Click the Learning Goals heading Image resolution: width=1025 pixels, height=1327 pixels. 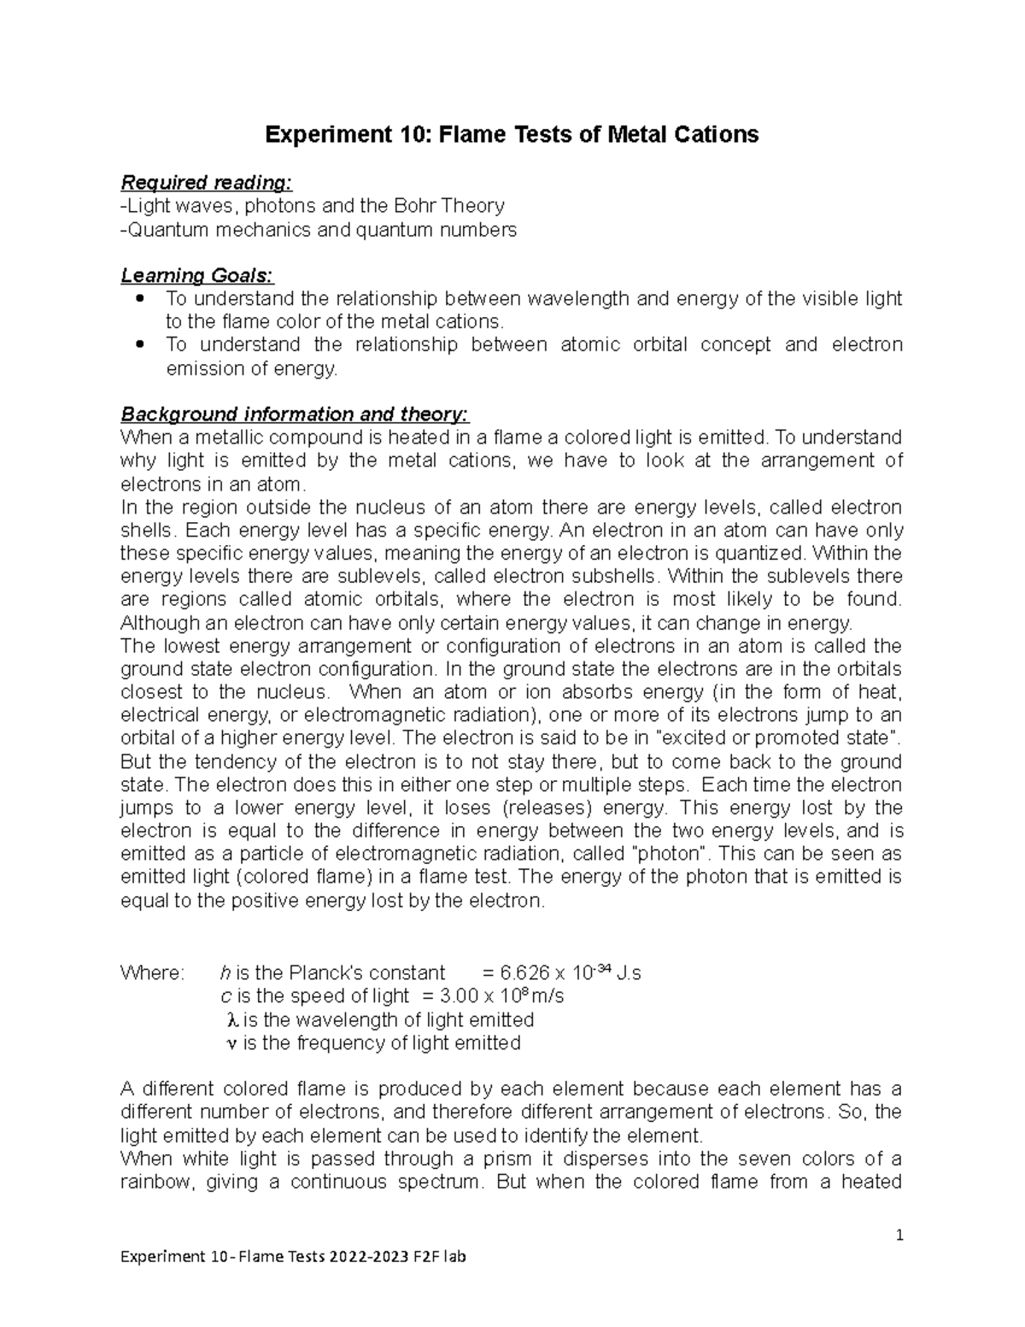pos(197,275)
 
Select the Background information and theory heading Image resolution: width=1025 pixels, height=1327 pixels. pos(295,414)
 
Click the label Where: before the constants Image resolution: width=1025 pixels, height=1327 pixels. pos(152,973)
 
